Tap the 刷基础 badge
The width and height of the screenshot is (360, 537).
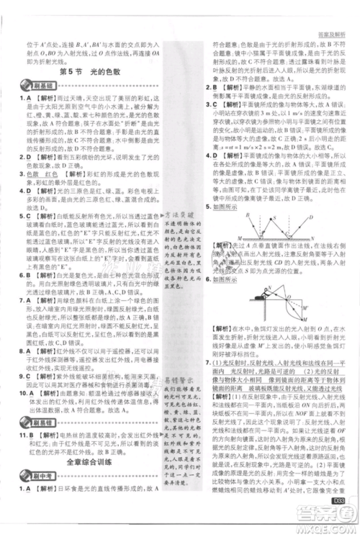click(33, 86)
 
